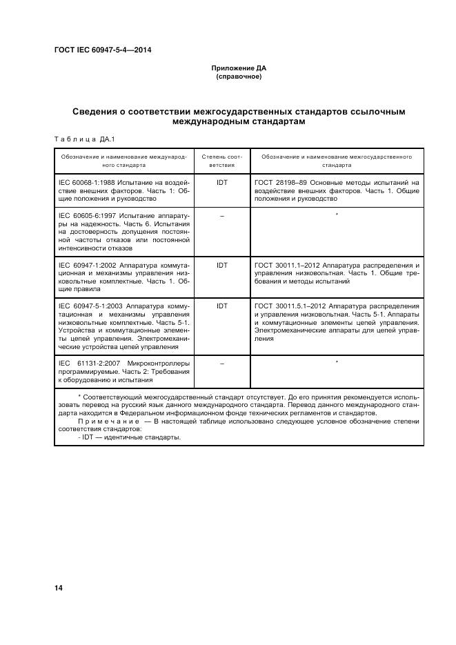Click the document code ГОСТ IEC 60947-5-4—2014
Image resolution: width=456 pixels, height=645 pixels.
(103, 50)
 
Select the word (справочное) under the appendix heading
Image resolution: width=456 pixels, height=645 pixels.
(239, 77)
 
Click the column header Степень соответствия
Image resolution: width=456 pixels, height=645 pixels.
(222, 161)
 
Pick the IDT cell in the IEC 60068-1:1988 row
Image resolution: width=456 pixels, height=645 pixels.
(222, 183)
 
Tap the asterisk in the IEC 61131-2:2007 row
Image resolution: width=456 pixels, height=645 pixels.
(337, 361)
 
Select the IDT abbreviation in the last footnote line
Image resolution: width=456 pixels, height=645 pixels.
(87, 437)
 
